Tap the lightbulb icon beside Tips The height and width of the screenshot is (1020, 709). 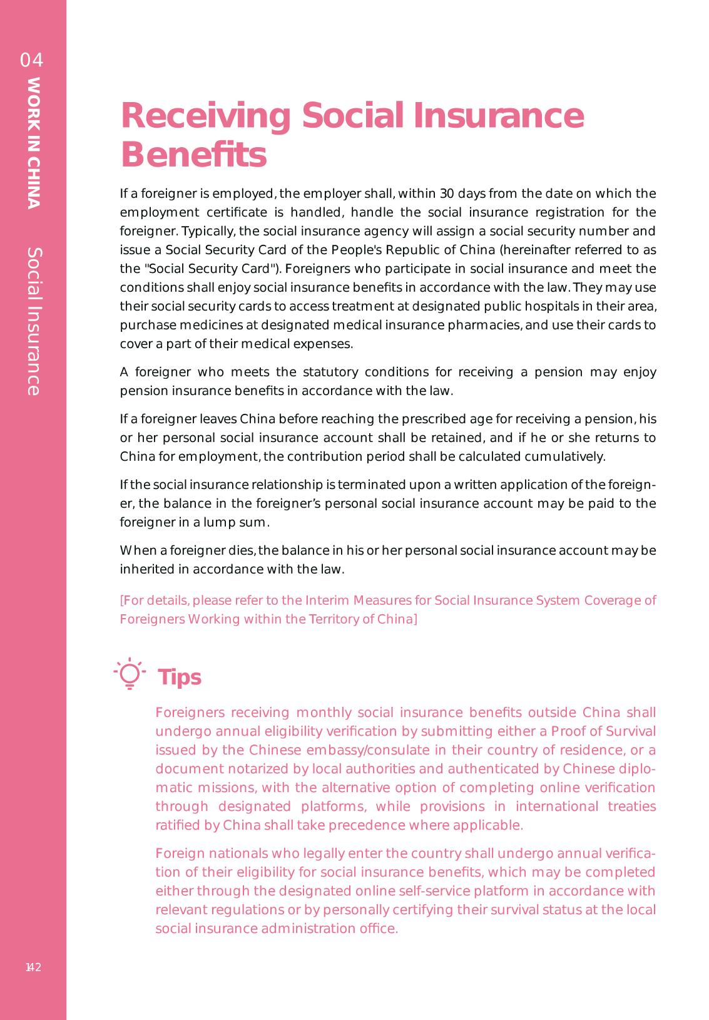click(130, 674)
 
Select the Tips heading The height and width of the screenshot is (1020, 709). click(180, 677)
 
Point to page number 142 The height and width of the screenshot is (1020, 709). click(33, 967)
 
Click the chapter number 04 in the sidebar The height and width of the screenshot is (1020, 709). click(32, 60)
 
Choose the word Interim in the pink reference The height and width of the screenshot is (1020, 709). click(327, 600)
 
